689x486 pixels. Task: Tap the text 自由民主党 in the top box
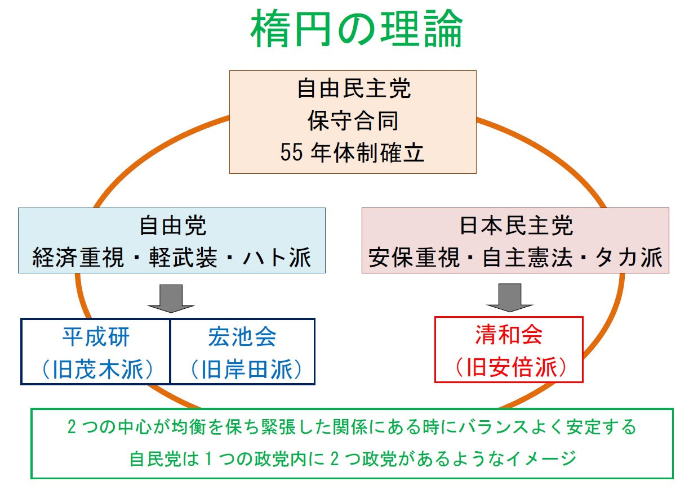(x=354, y=88)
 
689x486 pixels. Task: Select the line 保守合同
(x=353, y=120)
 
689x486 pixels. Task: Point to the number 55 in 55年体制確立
(x=291, y=152)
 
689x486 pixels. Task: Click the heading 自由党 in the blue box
(x=172, y=226)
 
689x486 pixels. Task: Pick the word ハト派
(x=277, y=258)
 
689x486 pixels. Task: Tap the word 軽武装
(x=183, y=258)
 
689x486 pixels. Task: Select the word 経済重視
(x=78, y=258)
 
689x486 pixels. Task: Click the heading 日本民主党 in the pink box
(x=517, y=226)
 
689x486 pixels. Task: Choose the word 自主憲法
(x=527, y=258)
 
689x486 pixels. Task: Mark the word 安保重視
(x=414, y=258)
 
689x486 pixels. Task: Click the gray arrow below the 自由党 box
(x=171, y=298)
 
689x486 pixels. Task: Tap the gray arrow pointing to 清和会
(x=510, y=298)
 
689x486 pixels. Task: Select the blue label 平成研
(x=96, y=337)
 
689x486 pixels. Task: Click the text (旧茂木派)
(x=97, y=369)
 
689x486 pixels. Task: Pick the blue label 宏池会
(x=242, y=337)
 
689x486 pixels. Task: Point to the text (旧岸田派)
(x=246, y=369)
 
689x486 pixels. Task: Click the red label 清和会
(x=509, y=335)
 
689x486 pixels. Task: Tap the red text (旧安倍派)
(x=511, y=367)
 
